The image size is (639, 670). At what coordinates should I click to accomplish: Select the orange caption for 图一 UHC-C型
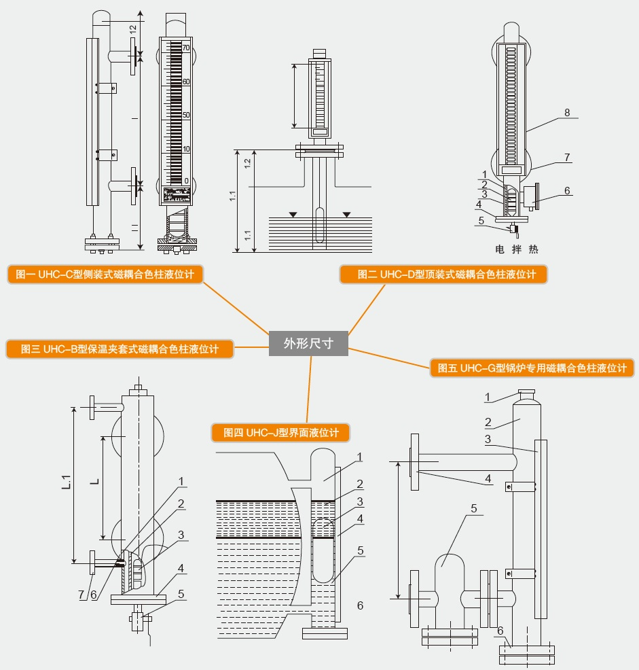(x=106, y=274)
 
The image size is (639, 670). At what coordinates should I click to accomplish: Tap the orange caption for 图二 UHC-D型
(x=443, y=275)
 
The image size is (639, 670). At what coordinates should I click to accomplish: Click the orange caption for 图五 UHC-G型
(x=532, y=368)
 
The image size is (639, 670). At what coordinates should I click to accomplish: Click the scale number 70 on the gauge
(x=185, y=48)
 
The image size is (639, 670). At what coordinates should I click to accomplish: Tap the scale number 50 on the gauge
(x=185, y=115)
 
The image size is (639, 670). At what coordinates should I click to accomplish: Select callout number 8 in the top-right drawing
(x=566, y=112)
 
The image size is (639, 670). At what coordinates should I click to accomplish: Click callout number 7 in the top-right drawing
(x=567, y=157)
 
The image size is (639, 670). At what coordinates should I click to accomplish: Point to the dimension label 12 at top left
(x=133, y=30)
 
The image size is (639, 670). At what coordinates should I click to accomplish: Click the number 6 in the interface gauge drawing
(x=360, y=605)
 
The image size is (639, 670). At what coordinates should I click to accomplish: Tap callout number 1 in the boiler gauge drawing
(x=488, y=397)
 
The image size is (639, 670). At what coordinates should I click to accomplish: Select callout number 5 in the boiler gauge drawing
(x=474, y=508)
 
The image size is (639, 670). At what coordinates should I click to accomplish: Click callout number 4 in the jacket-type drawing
(x=181, y=568)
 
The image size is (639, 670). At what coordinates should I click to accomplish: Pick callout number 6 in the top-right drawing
(x=567, y=191)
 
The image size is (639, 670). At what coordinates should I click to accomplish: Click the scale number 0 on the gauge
(x=186, y=181)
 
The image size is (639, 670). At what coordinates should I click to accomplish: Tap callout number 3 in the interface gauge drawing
(x=360, y=501)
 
